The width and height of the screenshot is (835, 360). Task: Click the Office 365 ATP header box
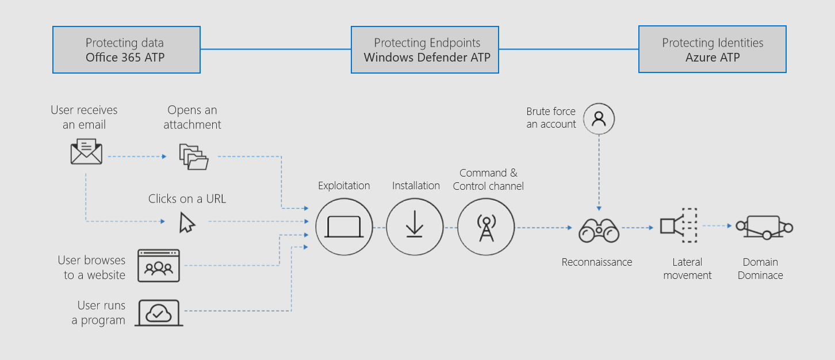tap(126, 49)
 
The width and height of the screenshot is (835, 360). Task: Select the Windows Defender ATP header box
tap(424, 49)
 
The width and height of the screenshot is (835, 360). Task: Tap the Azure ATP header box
tap(712, 49)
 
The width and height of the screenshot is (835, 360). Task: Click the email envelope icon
tap(86, 151)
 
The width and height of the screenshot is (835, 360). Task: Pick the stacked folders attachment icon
tap(194, 156)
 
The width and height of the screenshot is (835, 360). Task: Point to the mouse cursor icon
tap(186, 223)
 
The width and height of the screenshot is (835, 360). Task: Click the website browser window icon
tap(159, 265)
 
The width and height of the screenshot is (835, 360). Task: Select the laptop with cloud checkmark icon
tap(159, 313)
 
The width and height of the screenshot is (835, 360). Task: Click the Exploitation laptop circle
tap(344, 227)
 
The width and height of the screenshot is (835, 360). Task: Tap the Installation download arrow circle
tap(414, 227)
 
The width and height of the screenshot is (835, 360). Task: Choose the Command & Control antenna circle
tap(486, 227)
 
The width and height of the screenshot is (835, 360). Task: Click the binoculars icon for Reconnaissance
tap(599, 229)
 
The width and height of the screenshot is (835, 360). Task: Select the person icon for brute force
tap(599, 119)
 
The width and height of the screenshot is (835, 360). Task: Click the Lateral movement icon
tap(679, 225)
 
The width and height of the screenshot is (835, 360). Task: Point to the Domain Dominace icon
tap(764, 227)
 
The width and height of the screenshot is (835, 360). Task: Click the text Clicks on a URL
tap(187, 199)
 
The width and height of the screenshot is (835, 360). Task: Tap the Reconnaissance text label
tap(596, 262)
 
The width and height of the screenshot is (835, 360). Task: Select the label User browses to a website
tap(91, 267)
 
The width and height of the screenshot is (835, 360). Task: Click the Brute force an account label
tap(551, 117)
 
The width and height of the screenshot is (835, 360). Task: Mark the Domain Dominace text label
tap(760, 269)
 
